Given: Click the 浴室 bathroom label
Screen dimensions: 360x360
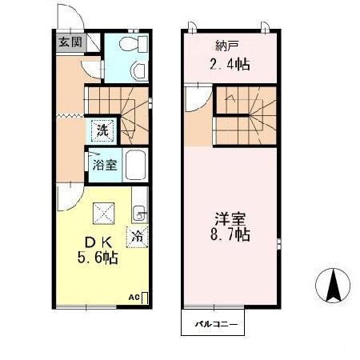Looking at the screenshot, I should [x=102, y=167].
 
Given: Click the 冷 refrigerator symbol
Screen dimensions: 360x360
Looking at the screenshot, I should [x=138, y=236].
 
